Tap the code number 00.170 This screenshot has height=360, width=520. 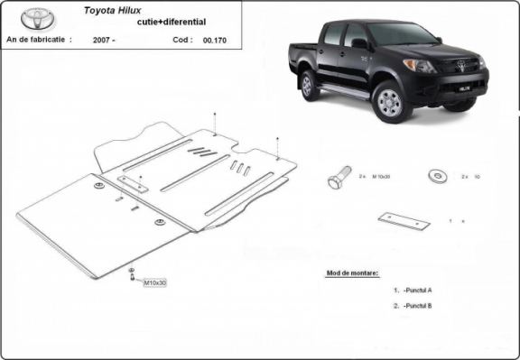pos(215,41)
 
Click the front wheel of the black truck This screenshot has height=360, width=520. pos(390,101)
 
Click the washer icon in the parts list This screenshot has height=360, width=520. pos(437,175)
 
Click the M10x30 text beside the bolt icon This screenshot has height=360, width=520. pos(379,177)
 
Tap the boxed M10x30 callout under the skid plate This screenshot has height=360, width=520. pos(155,283)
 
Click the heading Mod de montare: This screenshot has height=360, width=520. pos(350,272)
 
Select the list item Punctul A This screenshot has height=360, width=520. pos(419,291)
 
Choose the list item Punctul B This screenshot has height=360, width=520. pos(419,306)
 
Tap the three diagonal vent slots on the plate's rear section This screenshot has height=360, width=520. pos(239,168)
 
